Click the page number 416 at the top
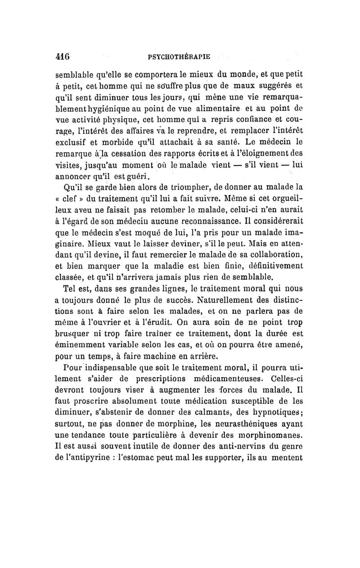[x=62, y=57]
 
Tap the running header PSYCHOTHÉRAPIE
[x=180, y=57]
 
